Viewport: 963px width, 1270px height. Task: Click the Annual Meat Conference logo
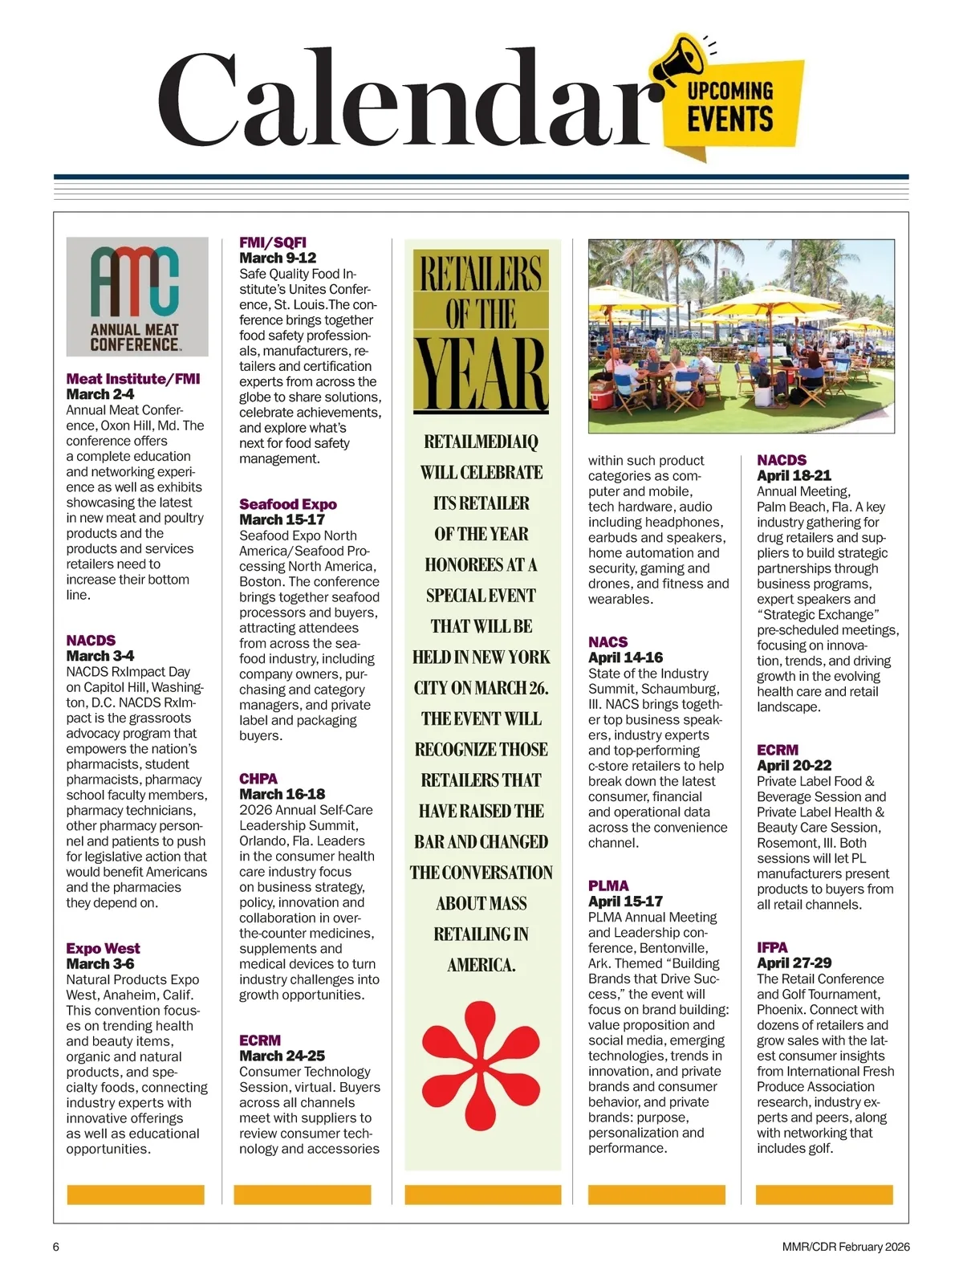click(137, 297)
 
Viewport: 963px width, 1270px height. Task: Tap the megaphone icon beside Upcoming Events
click(682, 61)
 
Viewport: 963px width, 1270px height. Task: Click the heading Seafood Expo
click(287, 504)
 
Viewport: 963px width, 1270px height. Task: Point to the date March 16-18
click(282, 794)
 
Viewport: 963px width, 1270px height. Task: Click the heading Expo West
click(103, 948)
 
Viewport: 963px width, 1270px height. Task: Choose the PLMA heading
click(608, 885)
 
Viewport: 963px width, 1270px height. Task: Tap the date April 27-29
click(794, 963)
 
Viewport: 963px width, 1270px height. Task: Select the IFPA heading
click(772, 947)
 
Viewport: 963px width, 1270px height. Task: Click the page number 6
click(56, 1247)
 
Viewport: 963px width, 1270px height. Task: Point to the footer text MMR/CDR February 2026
click(846, 1247)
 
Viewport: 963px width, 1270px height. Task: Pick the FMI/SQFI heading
click(273, 242)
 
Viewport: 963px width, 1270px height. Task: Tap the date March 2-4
click(100, 394)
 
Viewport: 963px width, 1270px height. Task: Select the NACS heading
click(607, 641)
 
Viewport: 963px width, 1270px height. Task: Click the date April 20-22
click(794, 765)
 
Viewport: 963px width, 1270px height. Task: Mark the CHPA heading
click(258, 779)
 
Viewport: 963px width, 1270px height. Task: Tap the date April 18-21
click(794, 475)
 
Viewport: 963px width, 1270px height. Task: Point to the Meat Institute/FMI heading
click(133, 379)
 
